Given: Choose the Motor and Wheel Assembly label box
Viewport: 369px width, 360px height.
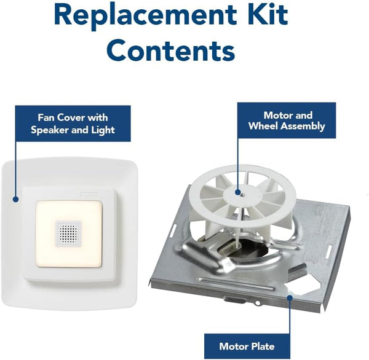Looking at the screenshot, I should click(287, 120).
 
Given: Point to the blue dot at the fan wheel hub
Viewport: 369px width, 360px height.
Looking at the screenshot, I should click(239, 190).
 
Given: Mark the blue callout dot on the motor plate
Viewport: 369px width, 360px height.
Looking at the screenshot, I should click(290, 297).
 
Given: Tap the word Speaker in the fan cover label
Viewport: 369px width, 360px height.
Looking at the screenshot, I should click(59, 130).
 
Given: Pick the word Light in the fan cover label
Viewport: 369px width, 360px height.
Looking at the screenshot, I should click(102, 130).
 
